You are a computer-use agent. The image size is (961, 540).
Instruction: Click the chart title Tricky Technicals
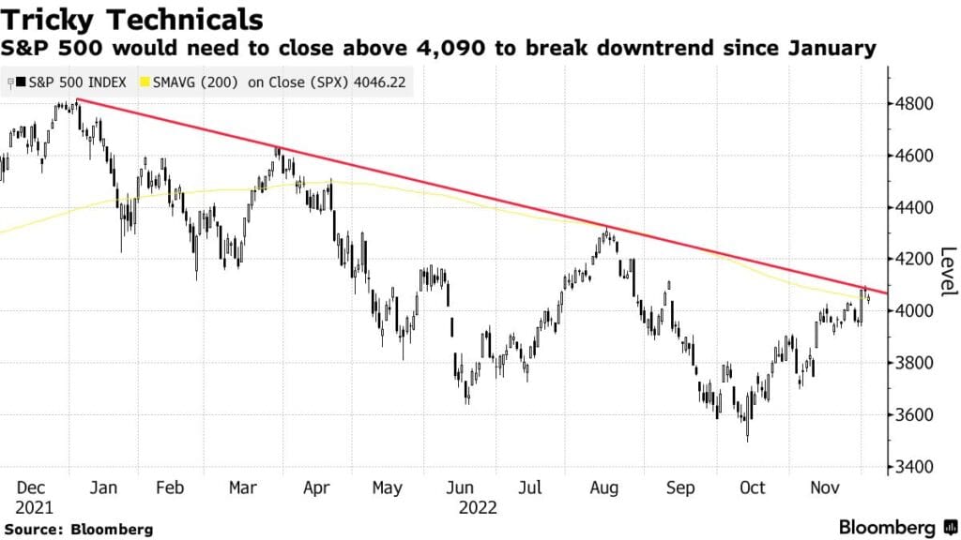pyautogui.click(x=131, y=20)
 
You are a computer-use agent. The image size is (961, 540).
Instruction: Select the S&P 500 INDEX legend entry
pyautogui.click(x=71, y=82)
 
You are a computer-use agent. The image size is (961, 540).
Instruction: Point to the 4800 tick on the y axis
pyautogui.click(x=916, y=103)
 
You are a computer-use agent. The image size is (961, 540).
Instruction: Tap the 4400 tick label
pyautogui.click(x=916, y=207)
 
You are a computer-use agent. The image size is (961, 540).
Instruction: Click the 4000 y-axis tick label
pyautogui.click(x=916, y=311)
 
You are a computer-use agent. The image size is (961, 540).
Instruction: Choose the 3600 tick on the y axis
pyautogui.click(x=916, y=415)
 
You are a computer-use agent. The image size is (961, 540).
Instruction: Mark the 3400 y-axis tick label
pyautogui.click(x=916, y=467)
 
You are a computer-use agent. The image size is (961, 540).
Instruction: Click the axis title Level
pyautogui.click(x=948, y=272)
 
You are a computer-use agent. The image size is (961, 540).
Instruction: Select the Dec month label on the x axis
pyautogui.click(x=31, y=487)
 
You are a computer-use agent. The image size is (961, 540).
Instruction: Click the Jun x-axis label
pyautogui.click(x=460, y=487)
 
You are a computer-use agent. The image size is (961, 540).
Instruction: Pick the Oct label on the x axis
pyautogui.click(x=753, y=487)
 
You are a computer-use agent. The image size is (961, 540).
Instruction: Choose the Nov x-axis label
pyautogui.click(x=826, y=487)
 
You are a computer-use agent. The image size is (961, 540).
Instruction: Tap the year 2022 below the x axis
pyautogui.click(x=478, y=507)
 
